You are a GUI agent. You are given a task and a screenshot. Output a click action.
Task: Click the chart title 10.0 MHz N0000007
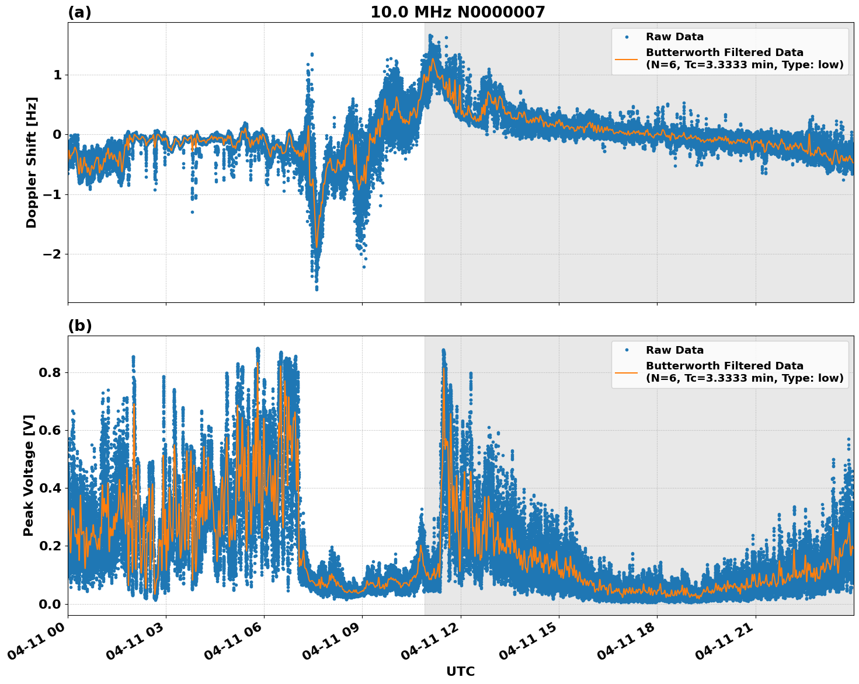pos(457,12)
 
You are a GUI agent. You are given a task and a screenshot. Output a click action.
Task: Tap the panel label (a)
pos(79,12)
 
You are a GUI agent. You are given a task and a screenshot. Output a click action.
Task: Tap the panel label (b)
pos(79,326)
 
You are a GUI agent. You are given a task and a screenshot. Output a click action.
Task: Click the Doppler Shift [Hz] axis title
pos(32,162)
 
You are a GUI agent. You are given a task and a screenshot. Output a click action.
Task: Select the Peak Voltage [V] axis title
pos(29,475)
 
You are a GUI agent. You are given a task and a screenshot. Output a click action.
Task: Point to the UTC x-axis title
pos(460,671)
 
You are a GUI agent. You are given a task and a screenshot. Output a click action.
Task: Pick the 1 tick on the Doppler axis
pos(57,75)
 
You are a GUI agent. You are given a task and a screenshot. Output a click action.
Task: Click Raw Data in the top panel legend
pos(674,37)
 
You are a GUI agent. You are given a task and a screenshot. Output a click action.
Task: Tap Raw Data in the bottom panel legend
pos(674,350)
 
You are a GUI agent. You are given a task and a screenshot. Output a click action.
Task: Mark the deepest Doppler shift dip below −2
pos(317,288)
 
